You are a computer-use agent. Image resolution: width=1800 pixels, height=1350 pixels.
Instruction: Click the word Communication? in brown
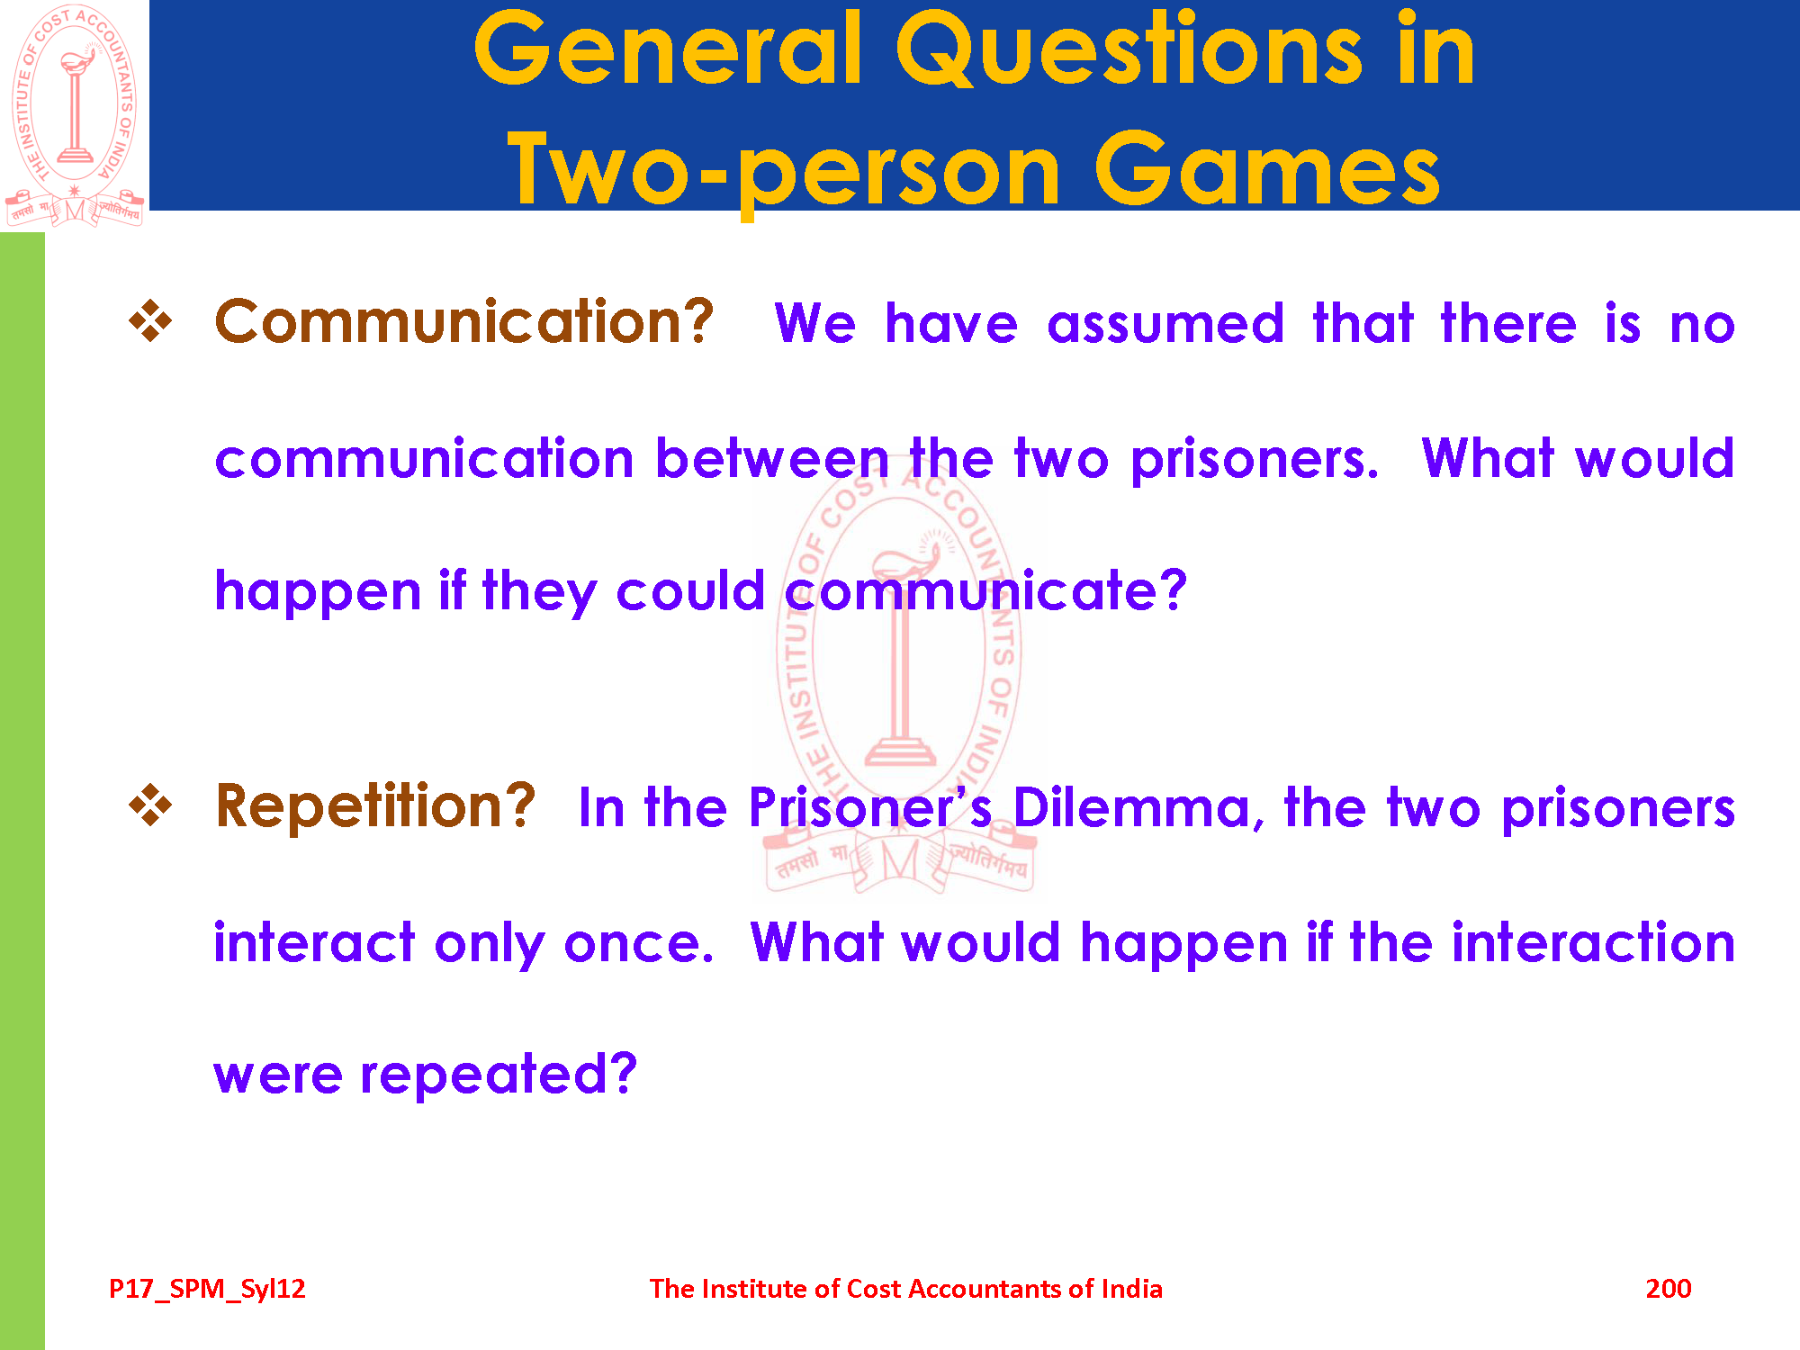(x=464, y=321)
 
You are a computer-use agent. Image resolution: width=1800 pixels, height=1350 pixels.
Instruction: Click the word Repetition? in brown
(x=375, y=805)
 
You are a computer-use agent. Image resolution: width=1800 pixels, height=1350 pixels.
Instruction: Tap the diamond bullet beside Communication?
(x=150, y=321)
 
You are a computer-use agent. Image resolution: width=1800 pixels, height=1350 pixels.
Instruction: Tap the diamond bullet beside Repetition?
(x=150, y=805)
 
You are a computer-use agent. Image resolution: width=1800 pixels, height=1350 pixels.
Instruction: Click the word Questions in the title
(x=1129, y=49)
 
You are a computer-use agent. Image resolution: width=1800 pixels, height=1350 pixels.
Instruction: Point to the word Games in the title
(x=1267, y=168)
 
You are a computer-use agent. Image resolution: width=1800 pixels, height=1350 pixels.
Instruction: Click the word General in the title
(x=669, y=49)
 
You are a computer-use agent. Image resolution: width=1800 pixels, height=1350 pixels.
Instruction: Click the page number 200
(x=1668, y=1289)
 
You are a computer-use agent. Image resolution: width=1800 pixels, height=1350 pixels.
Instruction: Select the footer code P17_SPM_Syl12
(x=207, y=1290)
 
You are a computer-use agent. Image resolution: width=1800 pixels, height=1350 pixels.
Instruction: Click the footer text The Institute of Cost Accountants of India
(x=905, y=1289)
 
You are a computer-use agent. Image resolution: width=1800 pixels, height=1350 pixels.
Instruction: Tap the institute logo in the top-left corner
(x=75, y=115)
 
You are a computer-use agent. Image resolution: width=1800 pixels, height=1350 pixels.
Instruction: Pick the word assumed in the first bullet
(x=1165, y=323)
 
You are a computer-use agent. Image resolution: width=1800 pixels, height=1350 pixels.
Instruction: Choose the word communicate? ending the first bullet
(x=985, y=591)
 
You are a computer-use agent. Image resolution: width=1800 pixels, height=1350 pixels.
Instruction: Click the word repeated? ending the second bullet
(x=499, y=1074)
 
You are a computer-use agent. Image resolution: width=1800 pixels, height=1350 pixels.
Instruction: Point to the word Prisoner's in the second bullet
(x=870, y=807)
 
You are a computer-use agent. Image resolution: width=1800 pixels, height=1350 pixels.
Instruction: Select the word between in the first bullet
(x=772, y=458)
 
